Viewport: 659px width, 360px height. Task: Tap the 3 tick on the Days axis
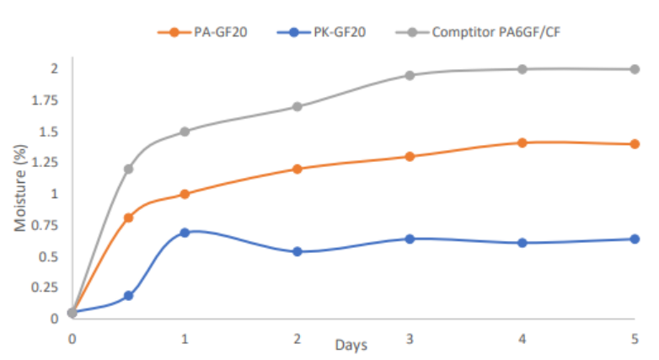pos(410,338)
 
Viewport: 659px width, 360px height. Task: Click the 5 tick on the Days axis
pos(635,338)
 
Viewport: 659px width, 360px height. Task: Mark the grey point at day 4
pos(522,69)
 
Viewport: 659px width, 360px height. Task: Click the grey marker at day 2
pos(297,106)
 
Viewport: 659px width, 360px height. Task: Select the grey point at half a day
pos(129,169)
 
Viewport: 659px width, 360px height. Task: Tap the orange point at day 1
pos(185,194)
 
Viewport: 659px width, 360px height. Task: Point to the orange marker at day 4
pos(522,142)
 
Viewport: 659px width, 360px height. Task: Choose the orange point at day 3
pos(410,156)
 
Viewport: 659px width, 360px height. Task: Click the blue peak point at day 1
pos(185,232)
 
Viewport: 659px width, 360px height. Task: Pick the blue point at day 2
pos(297,251)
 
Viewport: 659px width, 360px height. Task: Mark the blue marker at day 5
pos(635,239)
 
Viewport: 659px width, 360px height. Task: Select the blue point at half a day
pos(129,295)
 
